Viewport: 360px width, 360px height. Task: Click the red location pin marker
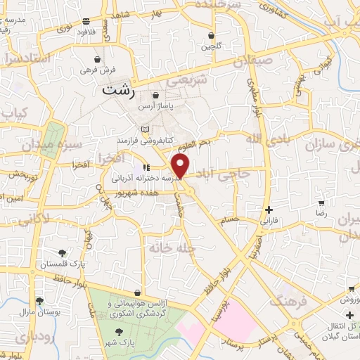click(x=180, y=166)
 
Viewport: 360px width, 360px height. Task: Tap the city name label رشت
click(x=117, y=90)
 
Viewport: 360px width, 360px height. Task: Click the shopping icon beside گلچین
click(x=211, y=34)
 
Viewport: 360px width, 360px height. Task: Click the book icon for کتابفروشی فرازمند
click(x=145, y=129)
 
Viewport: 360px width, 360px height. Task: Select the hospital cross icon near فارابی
click(x=269, y=209)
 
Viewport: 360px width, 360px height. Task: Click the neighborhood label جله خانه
click(x=167, y=247)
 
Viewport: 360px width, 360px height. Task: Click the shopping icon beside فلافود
click(x=86, y=21)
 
